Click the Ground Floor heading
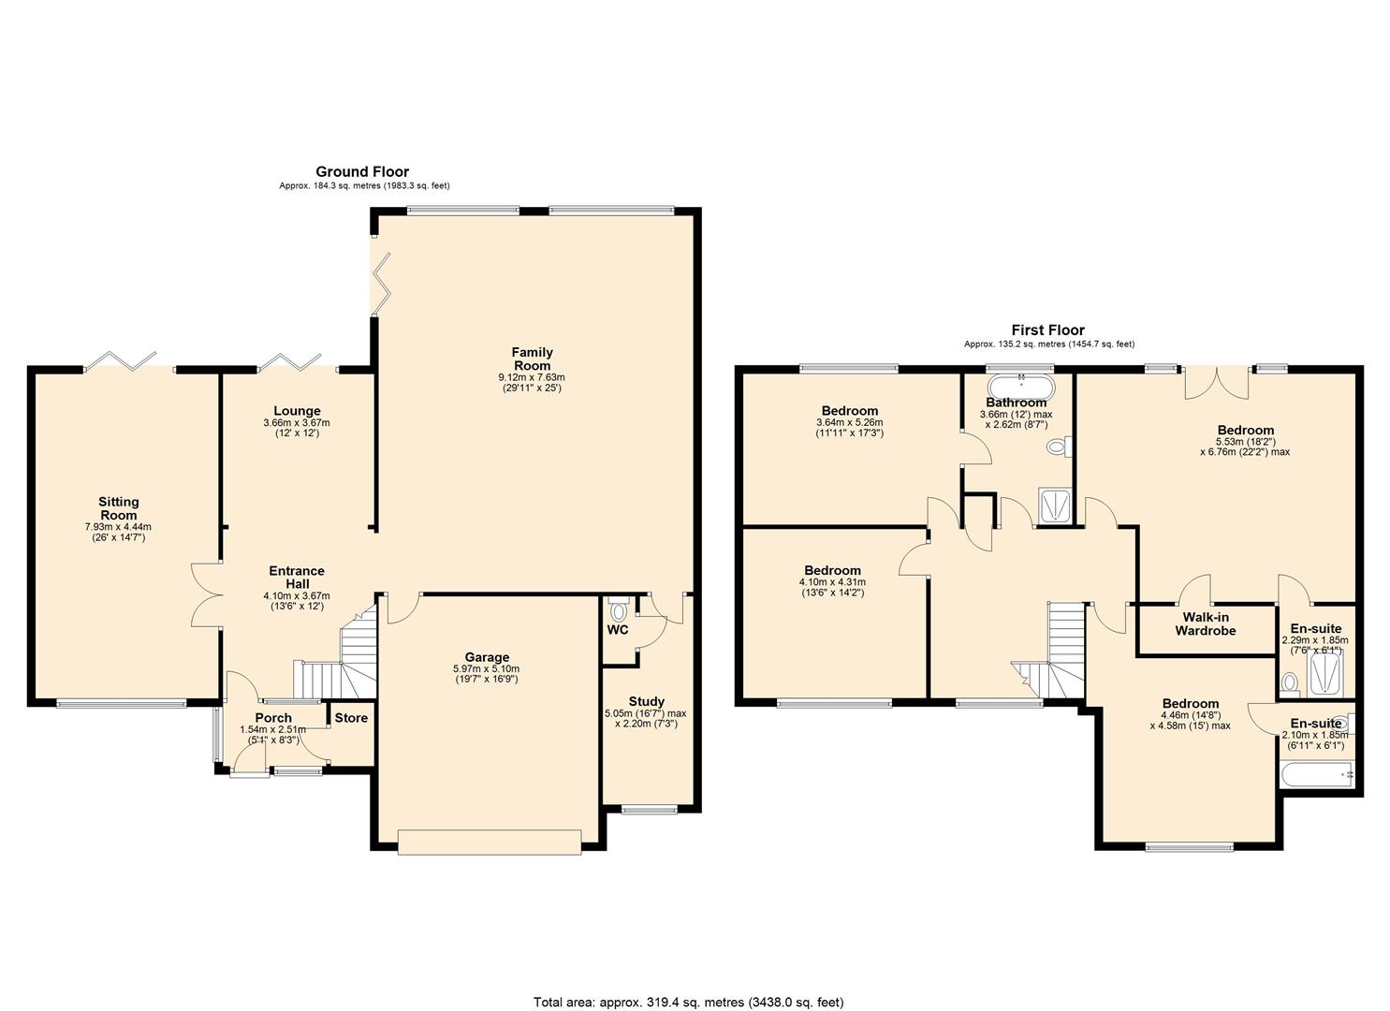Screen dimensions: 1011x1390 362,171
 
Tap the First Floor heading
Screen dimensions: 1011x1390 1047,330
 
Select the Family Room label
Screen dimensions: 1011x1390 532,359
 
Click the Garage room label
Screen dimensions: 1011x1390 488,657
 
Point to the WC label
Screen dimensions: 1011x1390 618,630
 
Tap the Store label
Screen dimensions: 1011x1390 351,718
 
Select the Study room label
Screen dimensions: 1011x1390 646,701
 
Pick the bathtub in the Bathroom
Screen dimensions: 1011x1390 1020,385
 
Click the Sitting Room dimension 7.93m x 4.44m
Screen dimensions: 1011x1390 118,527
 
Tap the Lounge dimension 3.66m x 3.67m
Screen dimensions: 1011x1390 297,423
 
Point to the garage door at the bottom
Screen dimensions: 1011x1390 489,842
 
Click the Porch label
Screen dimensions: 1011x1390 273,718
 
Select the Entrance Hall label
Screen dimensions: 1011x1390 297,577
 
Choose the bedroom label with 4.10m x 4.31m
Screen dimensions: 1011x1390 832,570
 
